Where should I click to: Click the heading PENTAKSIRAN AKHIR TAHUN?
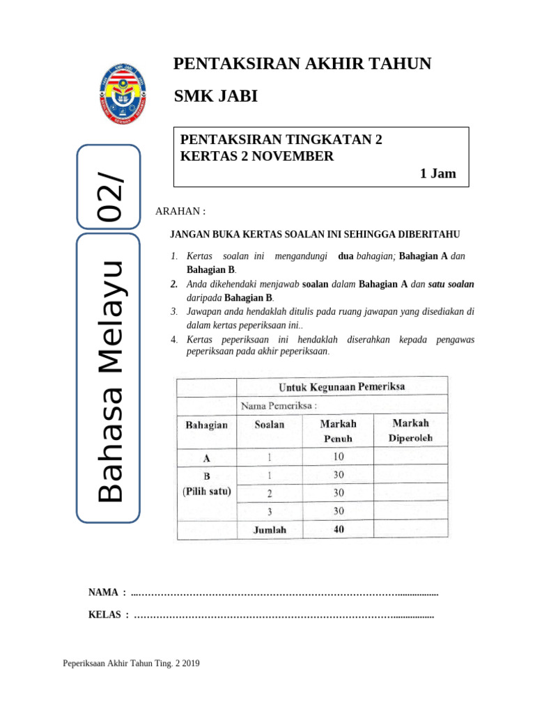[x=302, y=64]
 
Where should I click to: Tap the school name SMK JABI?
[x=215, y=96]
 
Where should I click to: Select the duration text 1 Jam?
[x=437, y=173]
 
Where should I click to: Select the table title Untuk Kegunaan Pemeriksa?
[x=341, y=386]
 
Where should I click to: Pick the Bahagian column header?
[x=206, y=425]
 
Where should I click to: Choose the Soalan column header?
[x=270, y=424]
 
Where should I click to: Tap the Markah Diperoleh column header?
[x=410, y=430]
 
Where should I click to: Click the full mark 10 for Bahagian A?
[x=338, y=457]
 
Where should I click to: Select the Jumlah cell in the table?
[x=270, y=529]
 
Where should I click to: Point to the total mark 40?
[x=338, y=529]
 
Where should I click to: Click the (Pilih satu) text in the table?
[x=207, y=491]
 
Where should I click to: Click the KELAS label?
[x=104, y=615]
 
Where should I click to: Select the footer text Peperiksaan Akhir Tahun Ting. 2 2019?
[x=132, y=664]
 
